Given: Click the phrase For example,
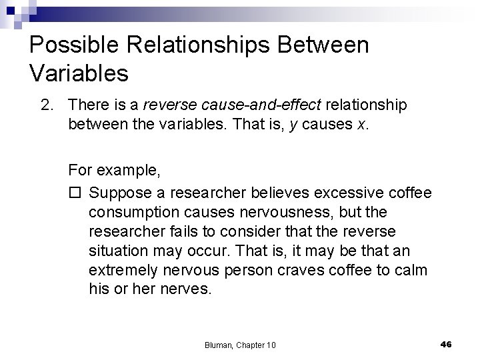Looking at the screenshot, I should tap(113, 170).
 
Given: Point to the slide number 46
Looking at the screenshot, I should tap(446, 343).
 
